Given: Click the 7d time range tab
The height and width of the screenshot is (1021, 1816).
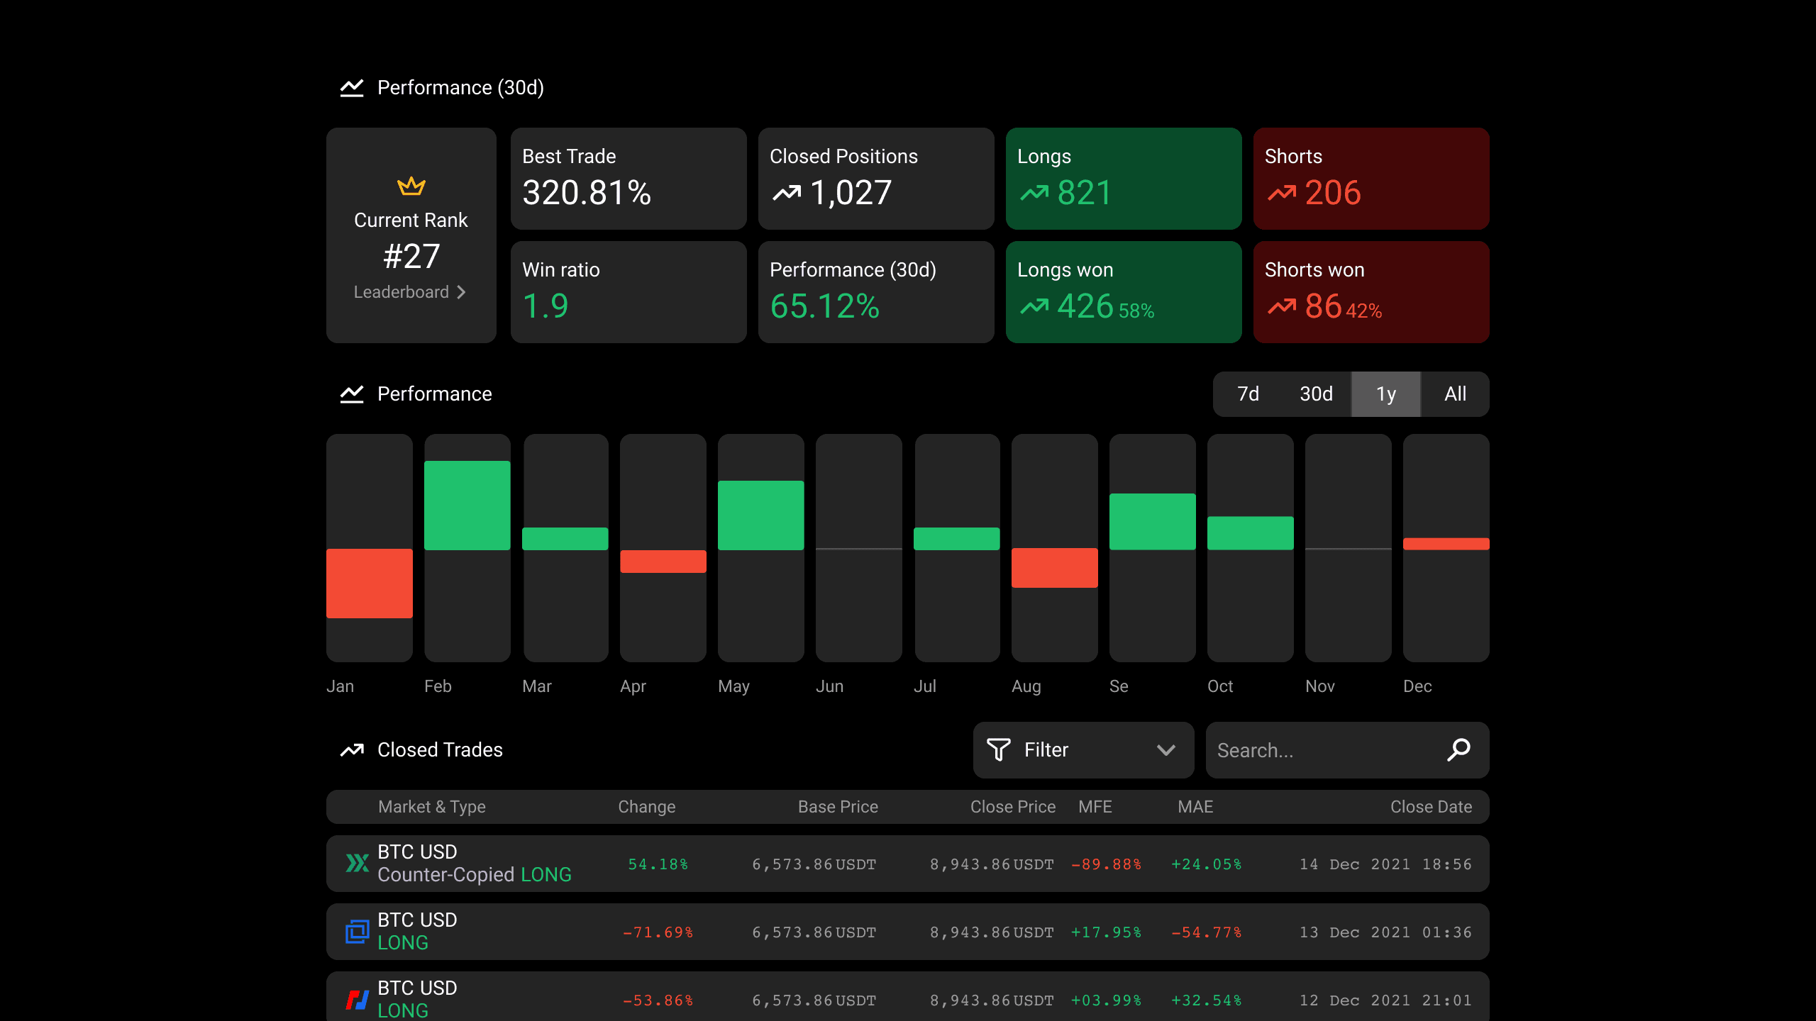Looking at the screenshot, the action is (1248, 394).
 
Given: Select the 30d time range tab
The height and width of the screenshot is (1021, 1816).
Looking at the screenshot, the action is (1316, 394).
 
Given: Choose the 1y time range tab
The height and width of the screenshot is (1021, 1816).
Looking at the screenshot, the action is (1386, 394).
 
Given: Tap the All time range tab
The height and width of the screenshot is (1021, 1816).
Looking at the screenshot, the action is (1455, 394).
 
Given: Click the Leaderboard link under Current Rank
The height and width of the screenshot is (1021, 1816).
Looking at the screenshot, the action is (410, 292).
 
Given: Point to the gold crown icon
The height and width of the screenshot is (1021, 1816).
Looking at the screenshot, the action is (411, 186).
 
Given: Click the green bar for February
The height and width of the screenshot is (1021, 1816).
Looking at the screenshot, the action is (467, 506).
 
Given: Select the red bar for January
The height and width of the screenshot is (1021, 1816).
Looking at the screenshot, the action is (370, 584).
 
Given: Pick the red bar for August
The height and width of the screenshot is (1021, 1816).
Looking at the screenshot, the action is (1055, 568).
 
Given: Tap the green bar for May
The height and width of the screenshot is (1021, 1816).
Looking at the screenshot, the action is (761, 515).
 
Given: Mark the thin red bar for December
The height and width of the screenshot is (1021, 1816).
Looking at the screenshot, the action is (1446, 544).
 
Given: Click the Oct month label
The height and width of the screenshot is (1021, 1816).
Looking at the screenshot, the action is (1220, 686).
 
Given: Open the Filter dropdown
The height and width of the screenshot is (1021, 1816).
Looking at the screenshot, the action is (1084, 750).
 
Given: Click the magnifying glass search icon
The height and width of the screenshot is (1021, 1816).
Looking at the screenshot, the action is (1458, 749).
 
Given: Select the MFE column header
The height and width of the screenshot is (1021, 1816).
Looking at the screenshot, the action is (1095, 807).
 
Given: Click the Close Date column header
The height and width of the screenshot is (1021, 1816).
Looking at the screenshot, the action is (1432, 807).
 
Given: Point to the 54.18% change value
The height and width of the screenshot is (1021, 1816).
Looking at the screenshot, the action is (658, 864).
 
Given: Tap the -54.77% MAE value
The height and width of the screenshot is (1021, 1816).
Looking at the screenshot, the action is (1207, 932).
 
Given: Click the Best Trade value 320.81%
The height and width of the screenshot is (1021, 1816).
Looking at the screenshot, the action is (587, 193).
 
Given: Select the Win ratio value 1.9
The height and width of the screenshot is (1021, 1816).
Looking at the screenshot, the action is (546, 306).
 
